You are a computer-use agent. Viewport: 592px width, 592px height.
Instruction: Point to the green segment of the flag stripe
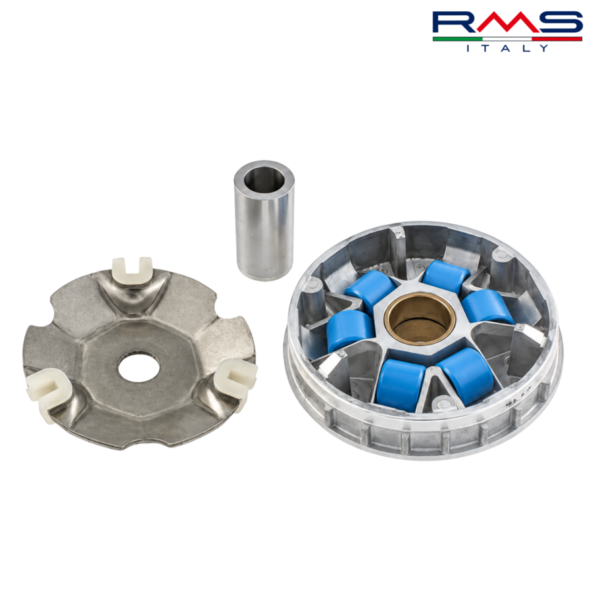pos(458,39)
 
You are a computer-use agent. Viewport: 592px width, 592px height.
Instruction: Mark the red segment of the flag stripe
pos(557,39)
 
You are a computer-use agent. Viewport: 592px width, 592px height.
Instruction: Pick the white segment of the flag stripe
pos(507,39)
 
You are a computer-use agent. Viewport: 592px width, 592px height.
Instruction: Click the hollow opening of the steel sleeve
pos(263,180)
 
